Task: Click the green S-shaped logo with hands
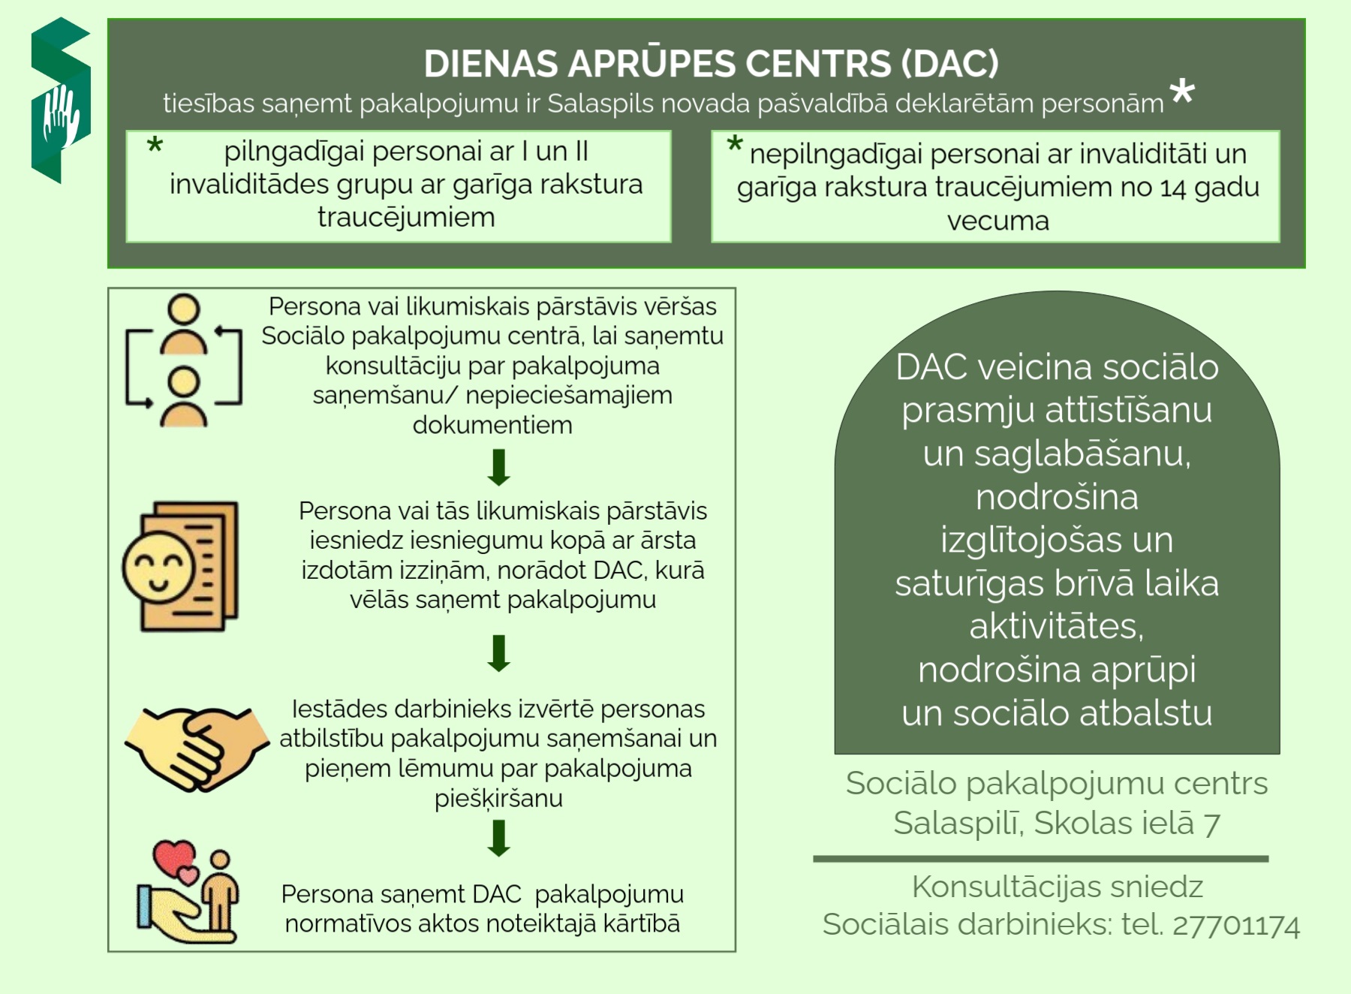(x=61, y=101)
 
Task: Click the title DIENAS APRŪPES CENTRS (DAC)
(x=711, y=64)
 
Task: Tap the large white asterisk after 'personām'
(x=1182, y=92)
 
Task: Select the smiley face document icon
(x=180, y=566)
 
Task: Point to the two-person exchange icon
(x=184, y=361)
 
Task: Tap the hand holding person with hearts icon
(x=188, y=892)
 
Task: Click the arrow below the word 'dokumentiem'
(x=499, y=467)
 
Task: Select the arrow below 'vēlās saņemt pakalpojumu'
(x=499, y=653)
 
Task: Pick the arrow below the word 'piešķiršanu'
(x=499, y=839)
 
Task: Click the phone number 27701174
(x=1235, y=926)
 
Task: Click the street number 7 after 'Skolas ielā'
(x=1211, y=824)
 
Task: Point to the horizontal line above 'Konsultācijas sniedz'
(x=1041, y=859)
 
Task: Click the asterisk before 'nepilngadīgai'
(x=735, y=144)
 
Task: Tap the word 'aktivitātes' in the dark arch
(x=1056, y=626)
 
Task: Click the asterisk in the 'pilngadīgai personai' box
(x=155, y=145)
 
